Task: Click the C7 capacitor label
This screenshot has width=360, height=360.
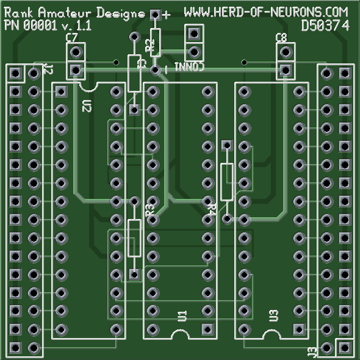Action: [x=71, y=38]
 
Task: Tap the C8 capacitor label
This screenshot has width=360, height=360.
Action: [x=281, y=38]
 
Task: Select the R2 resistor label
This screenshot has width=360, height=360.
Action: [x=149, y=45]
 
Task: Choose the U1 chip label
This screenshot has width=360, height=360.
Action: [x=181, y=315]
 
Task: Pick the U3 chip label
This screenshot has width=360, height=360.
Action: [x=273, y=315]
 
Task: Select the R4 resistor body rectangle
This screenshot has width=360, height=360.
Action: [x=227, y=182]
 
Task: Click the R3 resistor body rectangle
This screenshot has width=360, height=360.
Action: [x=134, y=238]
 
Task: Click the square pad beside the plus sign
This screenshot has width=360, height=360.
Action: [x=155, y=15]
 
